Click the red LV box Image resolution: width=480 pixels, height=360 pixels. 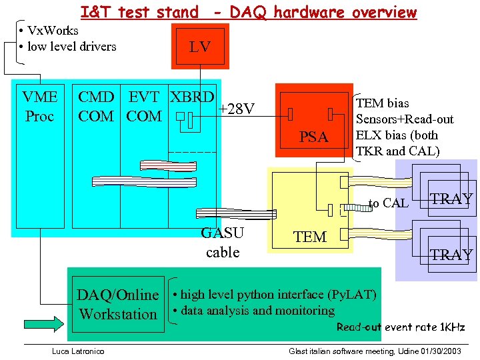[200, 46]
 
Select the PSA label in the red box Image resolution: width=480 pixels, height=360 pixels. [313, 137]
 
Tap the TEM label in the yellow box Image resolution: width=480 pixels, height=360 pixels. [310, 237]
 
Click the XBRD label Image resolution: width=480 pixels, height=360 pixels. [192, 97]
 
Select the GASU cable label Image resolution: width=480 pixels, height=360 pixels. [223, 243]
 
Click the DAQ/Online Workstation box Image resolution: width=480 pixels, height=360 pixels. [118, 305]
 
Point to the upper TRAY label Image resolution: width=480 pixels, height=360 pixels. [451, 199]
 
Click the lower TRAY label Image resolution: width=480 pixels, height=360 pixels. [451, 255]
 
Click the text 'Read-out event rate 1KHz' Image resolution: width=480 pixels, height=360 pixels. [401, 327]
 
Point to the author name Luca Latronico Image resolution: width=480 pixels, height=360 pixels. [79, 351]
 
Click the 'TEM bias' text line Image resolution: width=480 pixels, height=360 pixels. [383, 103]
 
